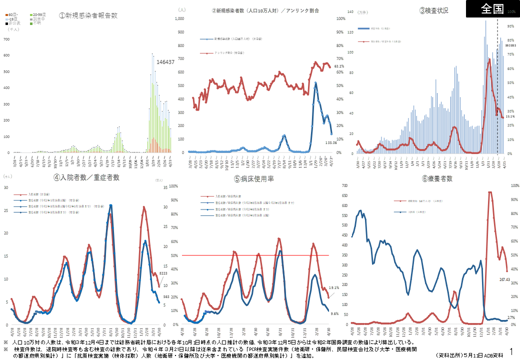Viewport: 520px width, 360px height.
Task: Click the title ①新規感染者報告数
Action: (x=88, y=15)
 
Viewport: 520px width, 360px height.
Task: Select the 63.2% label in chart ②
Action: (x=339, y=66)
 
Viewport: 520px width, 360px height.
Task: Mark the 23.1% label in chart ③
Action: (x=510, y=116)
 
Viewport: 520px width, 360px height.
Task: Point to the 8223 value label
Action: (x=163, y=273)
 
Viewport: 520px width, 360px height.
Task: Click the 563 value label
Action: (x=166, y=296)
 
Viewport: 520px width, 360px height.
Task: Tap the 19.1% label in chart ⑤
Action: (x=333, y=288)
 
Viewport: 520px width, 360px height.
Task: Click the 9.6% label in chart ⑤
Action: (x=335, y=313)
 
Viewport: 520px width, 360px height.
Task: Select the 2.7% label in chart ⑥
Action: (x=510, y=317)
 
